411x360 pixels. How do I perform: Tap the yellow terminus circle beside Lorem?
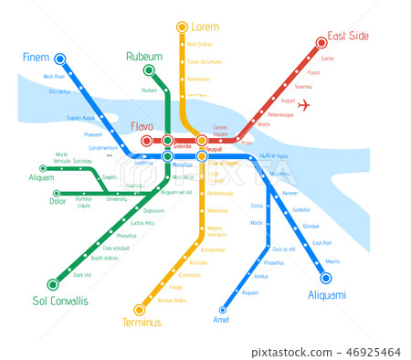tap(182, 27)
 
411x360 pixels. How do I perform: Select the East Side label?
tap(348, 36)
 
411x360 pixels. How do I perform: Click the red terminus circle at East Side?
tap(321, 42)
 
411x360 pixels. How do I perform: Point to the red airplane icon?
tap(304, 104)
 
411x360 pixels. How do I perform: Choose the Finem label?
tap(37, 58)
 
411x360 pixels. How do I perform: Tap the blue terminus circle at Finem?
tap(60, 58)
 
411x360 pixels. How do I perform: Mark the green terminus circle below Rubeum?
tap(149, 69)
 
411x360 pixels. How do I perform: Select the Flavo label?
tap(142, 126)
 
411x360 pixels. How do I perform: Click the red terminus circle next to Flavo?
tap(147, 141)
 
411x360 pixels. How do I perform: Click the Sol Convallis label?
tap(60, 301)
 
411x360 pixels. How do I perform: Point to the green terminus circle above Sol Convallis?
tap(52, 284)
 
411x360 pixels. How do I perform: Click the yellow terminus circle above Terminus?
tap(140, 309)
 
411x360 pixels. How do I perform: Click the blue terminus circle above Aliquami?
tap(326, 278)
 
